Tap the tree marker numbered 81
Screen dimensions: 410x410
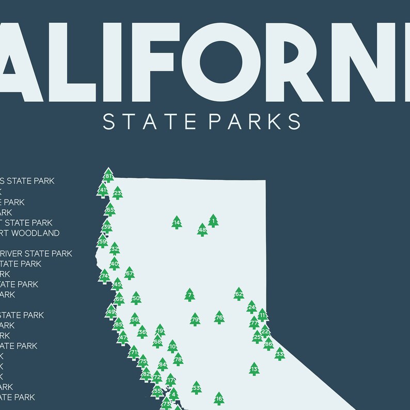tap(108, 176)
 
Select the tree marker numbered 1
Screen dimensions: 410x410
tap(213, 221)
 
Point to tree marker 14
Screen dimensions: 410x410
tap(177, 223)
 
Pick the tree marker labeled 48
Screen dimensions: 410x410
tap(202, 230)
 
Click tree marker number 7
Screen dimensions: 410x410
tap(190, 295)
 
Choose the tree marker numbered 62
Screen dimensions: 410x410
tap(238, 294)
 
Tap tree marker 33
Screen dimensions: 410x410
tap(279, 354)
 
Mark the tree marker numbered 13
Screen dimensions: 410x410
tap(254, 369)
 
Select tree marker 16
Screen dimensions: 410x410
tap(219, 398)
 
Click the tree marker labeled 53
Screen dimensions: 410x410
tap(196, 387)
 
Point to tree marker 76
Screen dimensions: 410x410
tap(219, 317)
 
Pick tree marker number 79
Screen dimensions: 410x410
tap(195, 320)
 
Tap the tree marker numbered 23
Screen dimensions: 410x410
tap(118, 193)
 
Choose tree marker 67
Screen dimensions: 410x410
tap(129, 274)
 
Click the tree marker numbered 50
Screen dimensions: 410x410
tap(136, 298)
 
